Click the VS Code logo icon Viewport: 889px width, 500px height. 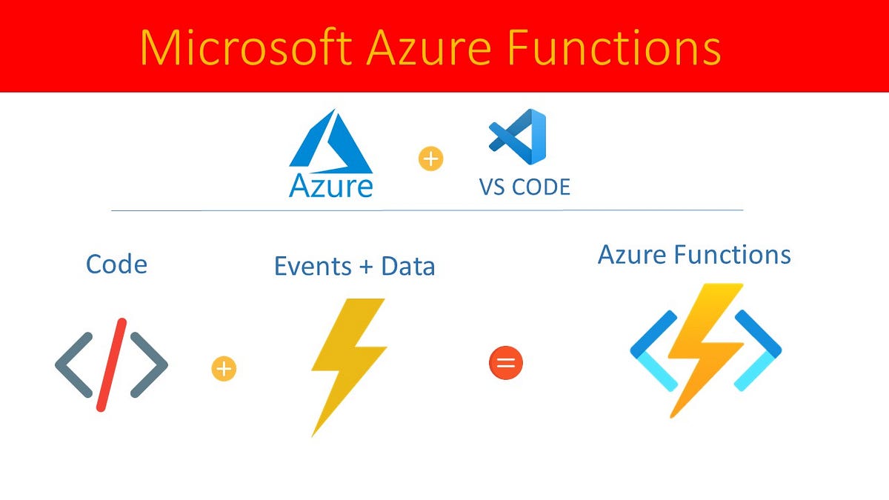tap(517, 136)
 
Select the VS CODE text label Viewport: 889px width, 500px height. tap(525, 187)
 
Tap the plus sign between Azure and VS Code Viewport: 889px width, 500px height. tap(430, 159)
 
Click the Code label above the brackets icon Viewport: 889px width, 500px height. tap(116, 264)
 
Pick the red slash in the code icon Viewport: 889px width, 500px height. tap(111, 364)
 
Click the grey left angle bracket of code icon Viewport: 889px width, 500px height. tap(72, 364)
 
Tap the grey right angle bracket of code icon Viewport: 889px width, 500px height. tap(150, 364)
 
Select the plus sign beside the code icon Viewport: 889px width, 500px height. tap(223, 368)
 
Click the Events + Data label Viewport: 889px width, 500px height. tap(354, 267)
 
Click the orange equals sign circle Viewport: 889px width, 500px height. tap(506, 364)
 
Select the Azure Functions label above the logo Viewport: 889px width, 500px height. tap(694, 255)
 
